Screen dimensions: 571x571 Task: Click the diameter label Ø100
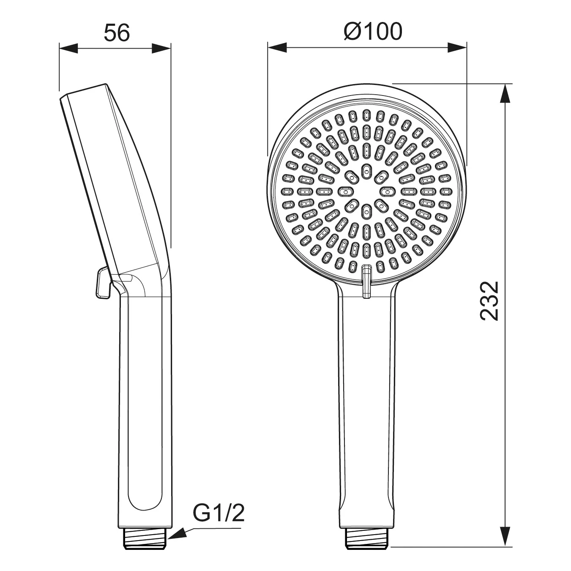373,31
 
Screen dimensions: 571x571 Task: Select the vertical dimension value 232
489,301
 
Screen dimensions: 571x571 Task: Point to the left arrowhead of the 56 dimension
68,48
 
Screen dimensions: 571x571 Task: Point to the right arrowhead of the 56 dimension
161,48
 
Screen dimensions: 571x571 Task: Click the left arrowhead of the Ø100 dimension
277,47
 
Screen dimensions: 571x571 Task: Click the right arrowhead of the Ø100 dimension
457,47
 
